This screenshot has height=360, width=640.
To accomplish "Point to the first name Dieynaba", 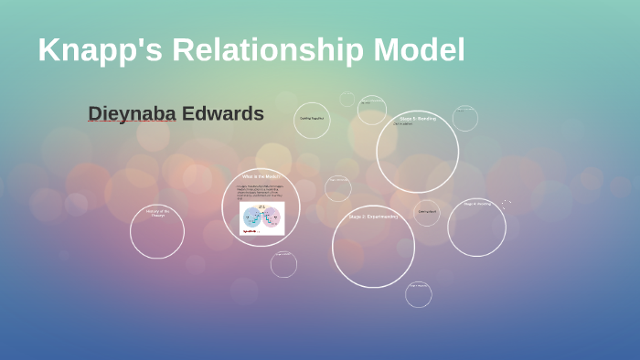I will [132, 114].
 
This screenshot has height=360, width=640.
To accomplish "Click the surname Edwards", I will [223, 114].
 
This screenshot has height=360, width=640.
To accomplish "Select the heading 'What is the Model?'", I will [261, 175].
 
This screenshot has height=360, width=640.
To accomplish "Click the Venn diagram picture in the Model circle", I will [262, 217].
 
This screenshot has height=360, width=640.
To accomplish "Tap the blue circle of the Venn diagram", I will [252, 217].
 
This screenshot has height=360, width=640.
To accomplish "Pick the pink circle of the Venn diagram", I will [272, 217].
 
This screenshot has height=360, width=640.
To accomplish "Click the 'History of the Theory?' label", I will [156, 213].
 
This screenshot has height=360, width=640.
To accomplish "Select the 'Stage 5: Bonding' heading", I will [418, 119].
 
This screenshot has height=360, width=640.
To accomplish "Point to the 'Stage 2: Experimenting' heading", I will [373, 217].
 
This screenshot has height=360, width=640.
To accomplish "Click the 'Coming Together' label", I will [312, 119].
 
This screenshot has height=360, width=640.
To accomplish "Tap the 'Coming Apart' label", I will [428, 211].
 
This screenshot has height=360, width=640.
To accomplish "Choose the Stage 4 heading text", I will [476, 204].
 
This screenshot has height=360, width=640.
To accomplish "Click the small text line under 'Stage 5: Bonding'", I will [403, 125].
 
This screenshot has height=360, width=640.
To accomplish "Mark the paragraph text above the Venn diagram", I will [261, 191].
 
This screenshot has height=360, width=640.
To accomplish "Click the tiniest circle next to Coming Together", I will [347, 99].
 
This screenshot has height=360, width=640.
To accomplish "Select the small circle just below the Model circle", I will [283, 263].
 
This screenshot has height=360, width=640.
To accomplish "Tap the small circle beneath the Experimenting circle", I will [419, 293].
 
